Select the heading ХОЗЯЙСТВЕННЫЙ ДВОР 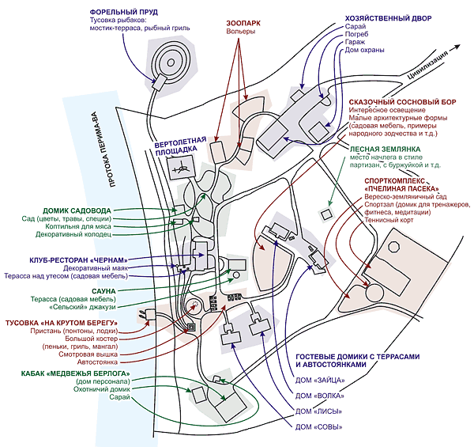point(389,18)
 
